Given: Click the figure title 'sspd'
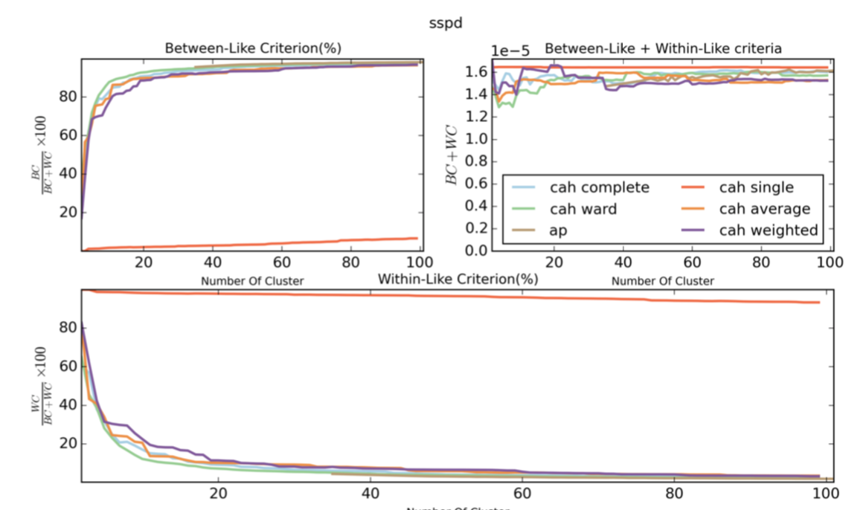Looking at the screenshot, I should pos(446,22).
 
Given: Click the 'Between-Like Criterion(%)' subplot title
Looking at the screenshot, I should pos(252,48).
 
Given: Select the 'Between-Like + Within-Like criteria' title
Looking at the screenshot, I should pos(663,48).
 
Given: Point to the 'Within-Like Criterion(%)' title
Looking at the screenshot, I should pos(458,280).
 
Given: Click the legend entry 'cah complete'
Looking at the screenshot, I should pos(599,187).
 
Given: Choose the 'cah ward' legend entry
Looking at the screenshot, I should pos(583,209).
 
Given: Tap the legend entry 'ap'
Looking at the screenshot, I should pos(558,230).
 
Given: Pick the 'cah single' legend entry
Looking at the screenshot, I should pos(756,187).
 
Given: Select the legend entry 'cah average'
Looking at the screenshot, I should pos(764,209).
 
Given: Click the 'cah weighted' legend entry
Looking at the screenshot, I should pos(769,230).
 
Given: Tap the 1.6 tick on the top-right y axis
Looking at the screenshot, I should pos(476,71).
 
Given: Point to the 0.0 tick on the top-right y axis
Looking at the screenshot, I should pos(476,251).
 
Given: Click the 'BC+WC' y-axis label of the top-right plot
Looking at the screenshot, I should pos(452,161).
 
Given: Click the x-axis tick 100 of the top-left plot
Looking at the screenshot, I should pos(420,262).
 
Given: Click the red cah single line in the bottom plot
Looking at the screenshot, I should pos(446,296).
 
